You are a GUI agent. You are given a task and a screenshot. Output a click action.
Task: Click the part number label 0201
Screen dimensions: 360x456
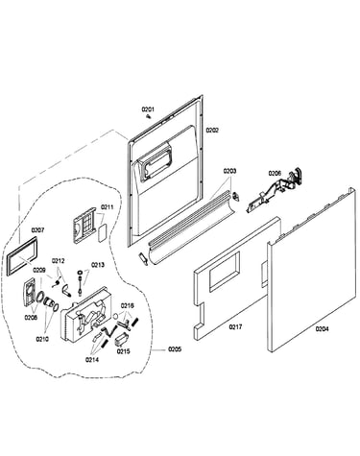pyautogui.click(x=148, y=109)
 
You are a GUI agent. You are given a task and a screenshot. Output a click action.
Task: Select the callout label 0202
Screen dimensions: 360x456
pyautogui.click(x=212, y=130)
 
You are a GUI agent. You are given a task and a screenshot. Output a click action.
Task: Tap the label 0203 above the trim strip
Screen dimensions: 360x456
pyautogui.click(x=229, y=171)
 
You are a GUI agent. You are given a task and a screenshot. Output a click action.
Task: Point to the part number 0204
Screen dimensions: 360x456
pyautogui.click(x=322, y=328)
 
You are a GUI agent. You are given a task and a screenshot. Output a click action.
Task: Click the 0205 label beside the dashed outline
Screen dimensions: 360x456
pyautogui.click(x=175, y=349)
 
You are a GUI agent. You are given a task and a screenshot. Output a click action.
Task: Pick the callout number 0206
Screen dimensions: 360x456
pyautogui.click(x=275, y=173)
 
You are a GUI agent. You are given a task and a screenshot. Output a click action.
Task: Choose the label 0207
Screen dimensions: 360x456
pyautogui.click(x=37, y=229)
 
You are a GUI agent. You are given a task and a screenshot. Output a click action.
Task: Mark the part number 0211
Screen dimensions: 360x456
pyautogui.click(x=107, y=207)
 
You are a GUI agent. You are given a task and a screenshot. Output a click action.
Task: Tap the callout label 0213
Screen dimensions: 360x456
pyautogui.click(x=98, y=265)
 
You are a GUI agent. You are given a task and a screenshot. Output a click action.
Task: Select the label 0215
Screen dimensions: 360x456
pyautogui.click(x=123, y=351)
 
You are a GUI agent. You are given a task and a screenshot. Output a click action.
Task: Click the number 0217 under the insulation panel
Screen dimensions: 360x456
pyautogui.click(x=235, y=326)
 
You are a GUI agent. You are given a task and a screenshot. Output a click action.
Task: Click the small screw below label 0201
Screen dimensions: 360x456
pyautogui.click(x=149, y=116)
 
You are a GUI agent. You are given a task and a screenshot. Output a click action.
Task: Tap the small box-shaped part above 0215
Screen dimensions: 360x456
pyautogui.click(x=121, y=339)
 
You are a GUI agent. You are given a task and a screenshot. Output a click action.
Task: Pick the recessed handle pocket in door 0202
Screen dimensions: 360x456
pyautogui.click(x=156, y=163)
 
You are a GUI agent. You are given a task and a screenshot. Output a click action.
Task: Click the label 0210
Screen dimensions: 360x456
pyautogui.click(x=42, y=339)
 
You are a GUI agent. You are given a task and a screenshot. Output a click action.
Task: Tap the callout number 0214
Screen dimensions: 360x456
pyautogui.click(x=92, y=359)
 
